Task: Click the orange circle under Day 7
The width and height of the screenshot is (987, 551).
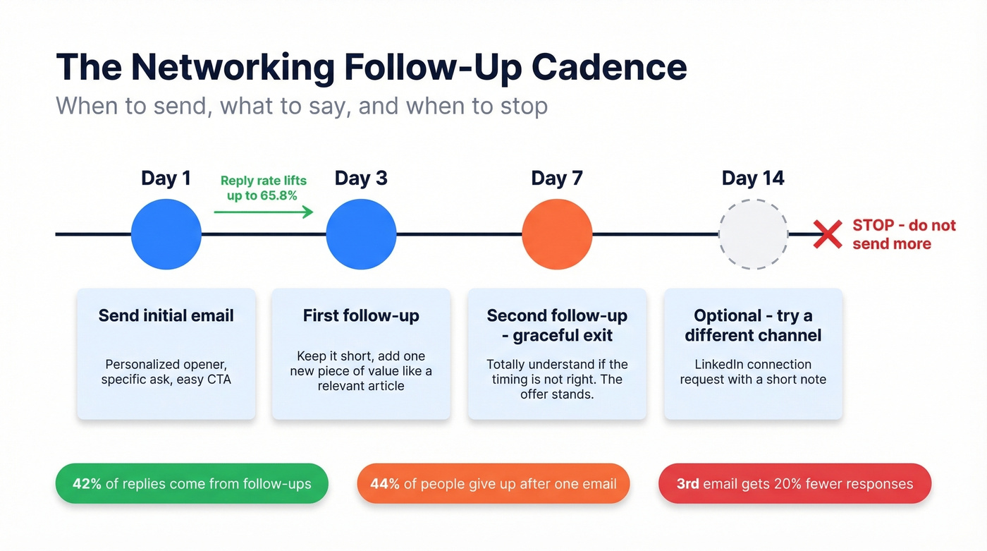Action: coord(557,234)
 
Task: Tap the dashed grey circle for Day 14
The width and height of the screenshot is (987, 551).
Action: coord(753,234)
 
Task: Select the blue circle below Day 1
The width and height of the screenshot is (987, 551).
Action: coord(166,234)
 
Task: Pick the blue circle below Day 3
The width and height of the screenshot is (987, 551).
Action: coord(361,234)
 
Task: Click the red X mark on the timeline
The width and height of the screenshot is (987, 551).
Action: coord(827,234)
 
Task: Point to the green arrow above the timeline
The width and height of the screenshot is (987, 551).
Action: coord(264,211)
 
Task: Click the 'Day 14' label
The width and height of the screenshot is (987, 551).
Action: coord(753,178)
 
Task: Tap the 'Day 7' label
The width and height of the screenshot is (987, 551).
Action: coord(557,178)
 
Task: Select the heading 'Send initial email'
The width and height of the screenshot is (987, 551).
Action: coord(166,315)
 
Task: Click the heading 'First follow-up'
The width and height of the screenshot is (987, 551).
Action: coord(361,315)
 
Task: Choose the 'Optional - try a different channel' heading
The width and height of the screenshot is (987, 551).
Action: coord(753,325)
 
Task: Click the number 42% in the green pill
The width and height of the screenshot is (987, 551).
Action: coord(87,484)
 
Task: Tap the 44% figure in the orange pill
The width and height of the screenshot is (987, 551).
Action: coord(385,484)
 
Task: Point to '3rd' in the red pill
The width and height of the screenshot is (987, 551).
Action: coord(687,484)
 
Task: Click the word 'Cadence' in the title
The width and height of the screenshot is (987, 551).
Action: coord(609,68)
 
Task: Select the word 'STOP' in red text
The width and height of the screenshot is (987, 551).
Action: coord(873,226)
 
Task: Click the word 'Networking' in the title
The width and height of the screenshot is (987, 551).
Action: coord(233,68)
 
